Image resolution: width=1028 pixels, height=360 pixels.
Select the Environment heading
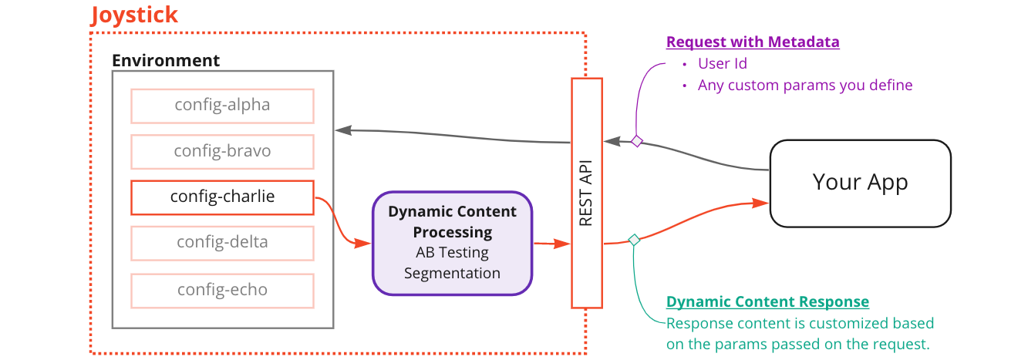pyautogui.click(x=166, y=60)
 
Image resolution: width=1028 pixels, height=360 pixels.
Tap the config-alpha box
pyautogui.click(x=222, y=106)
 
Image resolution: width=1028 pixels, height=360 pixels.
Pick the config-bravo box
pyautogui.click(x=222, y=151)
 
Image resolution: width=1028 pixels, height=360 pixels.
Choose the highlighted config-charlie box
pyautogui.click(x=222, y=197)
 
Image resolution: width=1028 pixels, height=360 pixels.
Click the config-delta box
pyautogui.click(x=222, y=243)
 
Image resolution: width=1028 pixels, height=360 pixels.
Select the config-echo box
pyautogui.click(x=222, y=290)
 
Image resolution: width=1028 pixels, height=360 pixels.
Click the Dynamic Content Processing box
pyautogui.click(x=452, y=243)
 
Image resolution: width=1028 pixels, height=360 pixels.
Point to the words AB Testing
pyautogui.click(x=452, y=253)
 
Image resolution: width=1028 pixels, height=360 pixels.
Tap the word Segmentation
pyautogui.click(x=452, y=274)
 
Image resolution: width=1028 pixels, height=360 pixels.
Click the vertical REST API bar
pyautogui.click(x=586, y=193)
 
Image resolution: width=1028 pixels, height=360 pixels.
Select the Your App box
pyautogui.click(x=860, y=183)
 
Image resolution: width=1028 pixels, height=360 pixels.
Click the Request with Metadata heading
pyautogui.click(x=753, y=42)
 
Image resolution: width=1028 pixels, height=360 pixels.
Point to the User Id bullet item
pyautogui.click(x=722, y=64)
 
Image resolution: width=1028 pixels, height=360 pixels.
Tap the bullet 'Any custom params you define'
pyautogui.click(x=804, y=86)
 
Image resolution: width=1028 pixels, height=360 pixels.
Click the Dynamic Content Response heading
pyautogui.click(x=767, y=302)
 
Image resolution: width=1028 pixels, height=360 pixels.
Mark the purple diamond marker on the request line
pyautogui.click(x=637, y=140)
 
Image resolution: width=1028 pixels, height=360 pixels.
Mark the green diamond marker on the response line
pyautogui.click(x=634, y=240)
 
